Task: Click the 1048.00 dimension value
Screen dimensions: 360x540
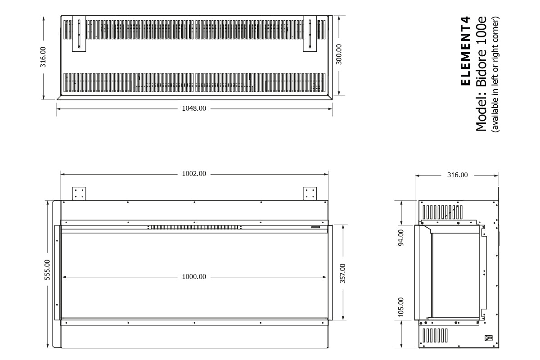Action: (x=194, y=108)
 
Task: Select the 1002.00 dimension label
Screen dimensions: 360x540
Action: (x=194, y=174)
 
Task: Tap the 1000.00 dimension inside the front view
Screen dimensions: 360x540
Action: (x=194, y=277)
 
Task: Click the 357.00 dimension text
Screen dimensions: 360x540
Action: (x=342, y=274)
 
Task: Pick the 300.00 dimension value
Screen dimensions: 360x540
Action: (x=339, y=54)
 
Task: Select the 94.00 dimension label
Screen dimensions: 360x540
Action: (x=401, y=237)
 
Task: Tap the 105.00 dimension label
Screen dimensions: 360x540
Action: (x=401, y=307)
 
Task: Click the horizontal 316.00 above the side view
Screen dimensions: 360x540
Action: (x=457, y=175)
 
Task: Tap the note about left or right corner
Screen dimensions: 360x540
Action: (x=495, y=74)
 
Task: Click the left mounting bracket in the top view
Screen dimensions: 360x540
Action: (x=79, y=34)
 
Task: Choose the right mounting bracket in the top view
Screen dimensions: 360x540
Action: (x=310, y=34)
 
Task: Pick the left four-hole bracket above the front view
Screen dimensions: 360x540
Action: (x=79, y=193)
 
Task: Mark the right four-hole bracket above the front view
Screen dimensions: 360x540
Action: (x=310, y=193)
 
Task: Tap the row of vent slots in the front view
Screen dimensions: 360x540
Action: (x=194, y=227)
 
